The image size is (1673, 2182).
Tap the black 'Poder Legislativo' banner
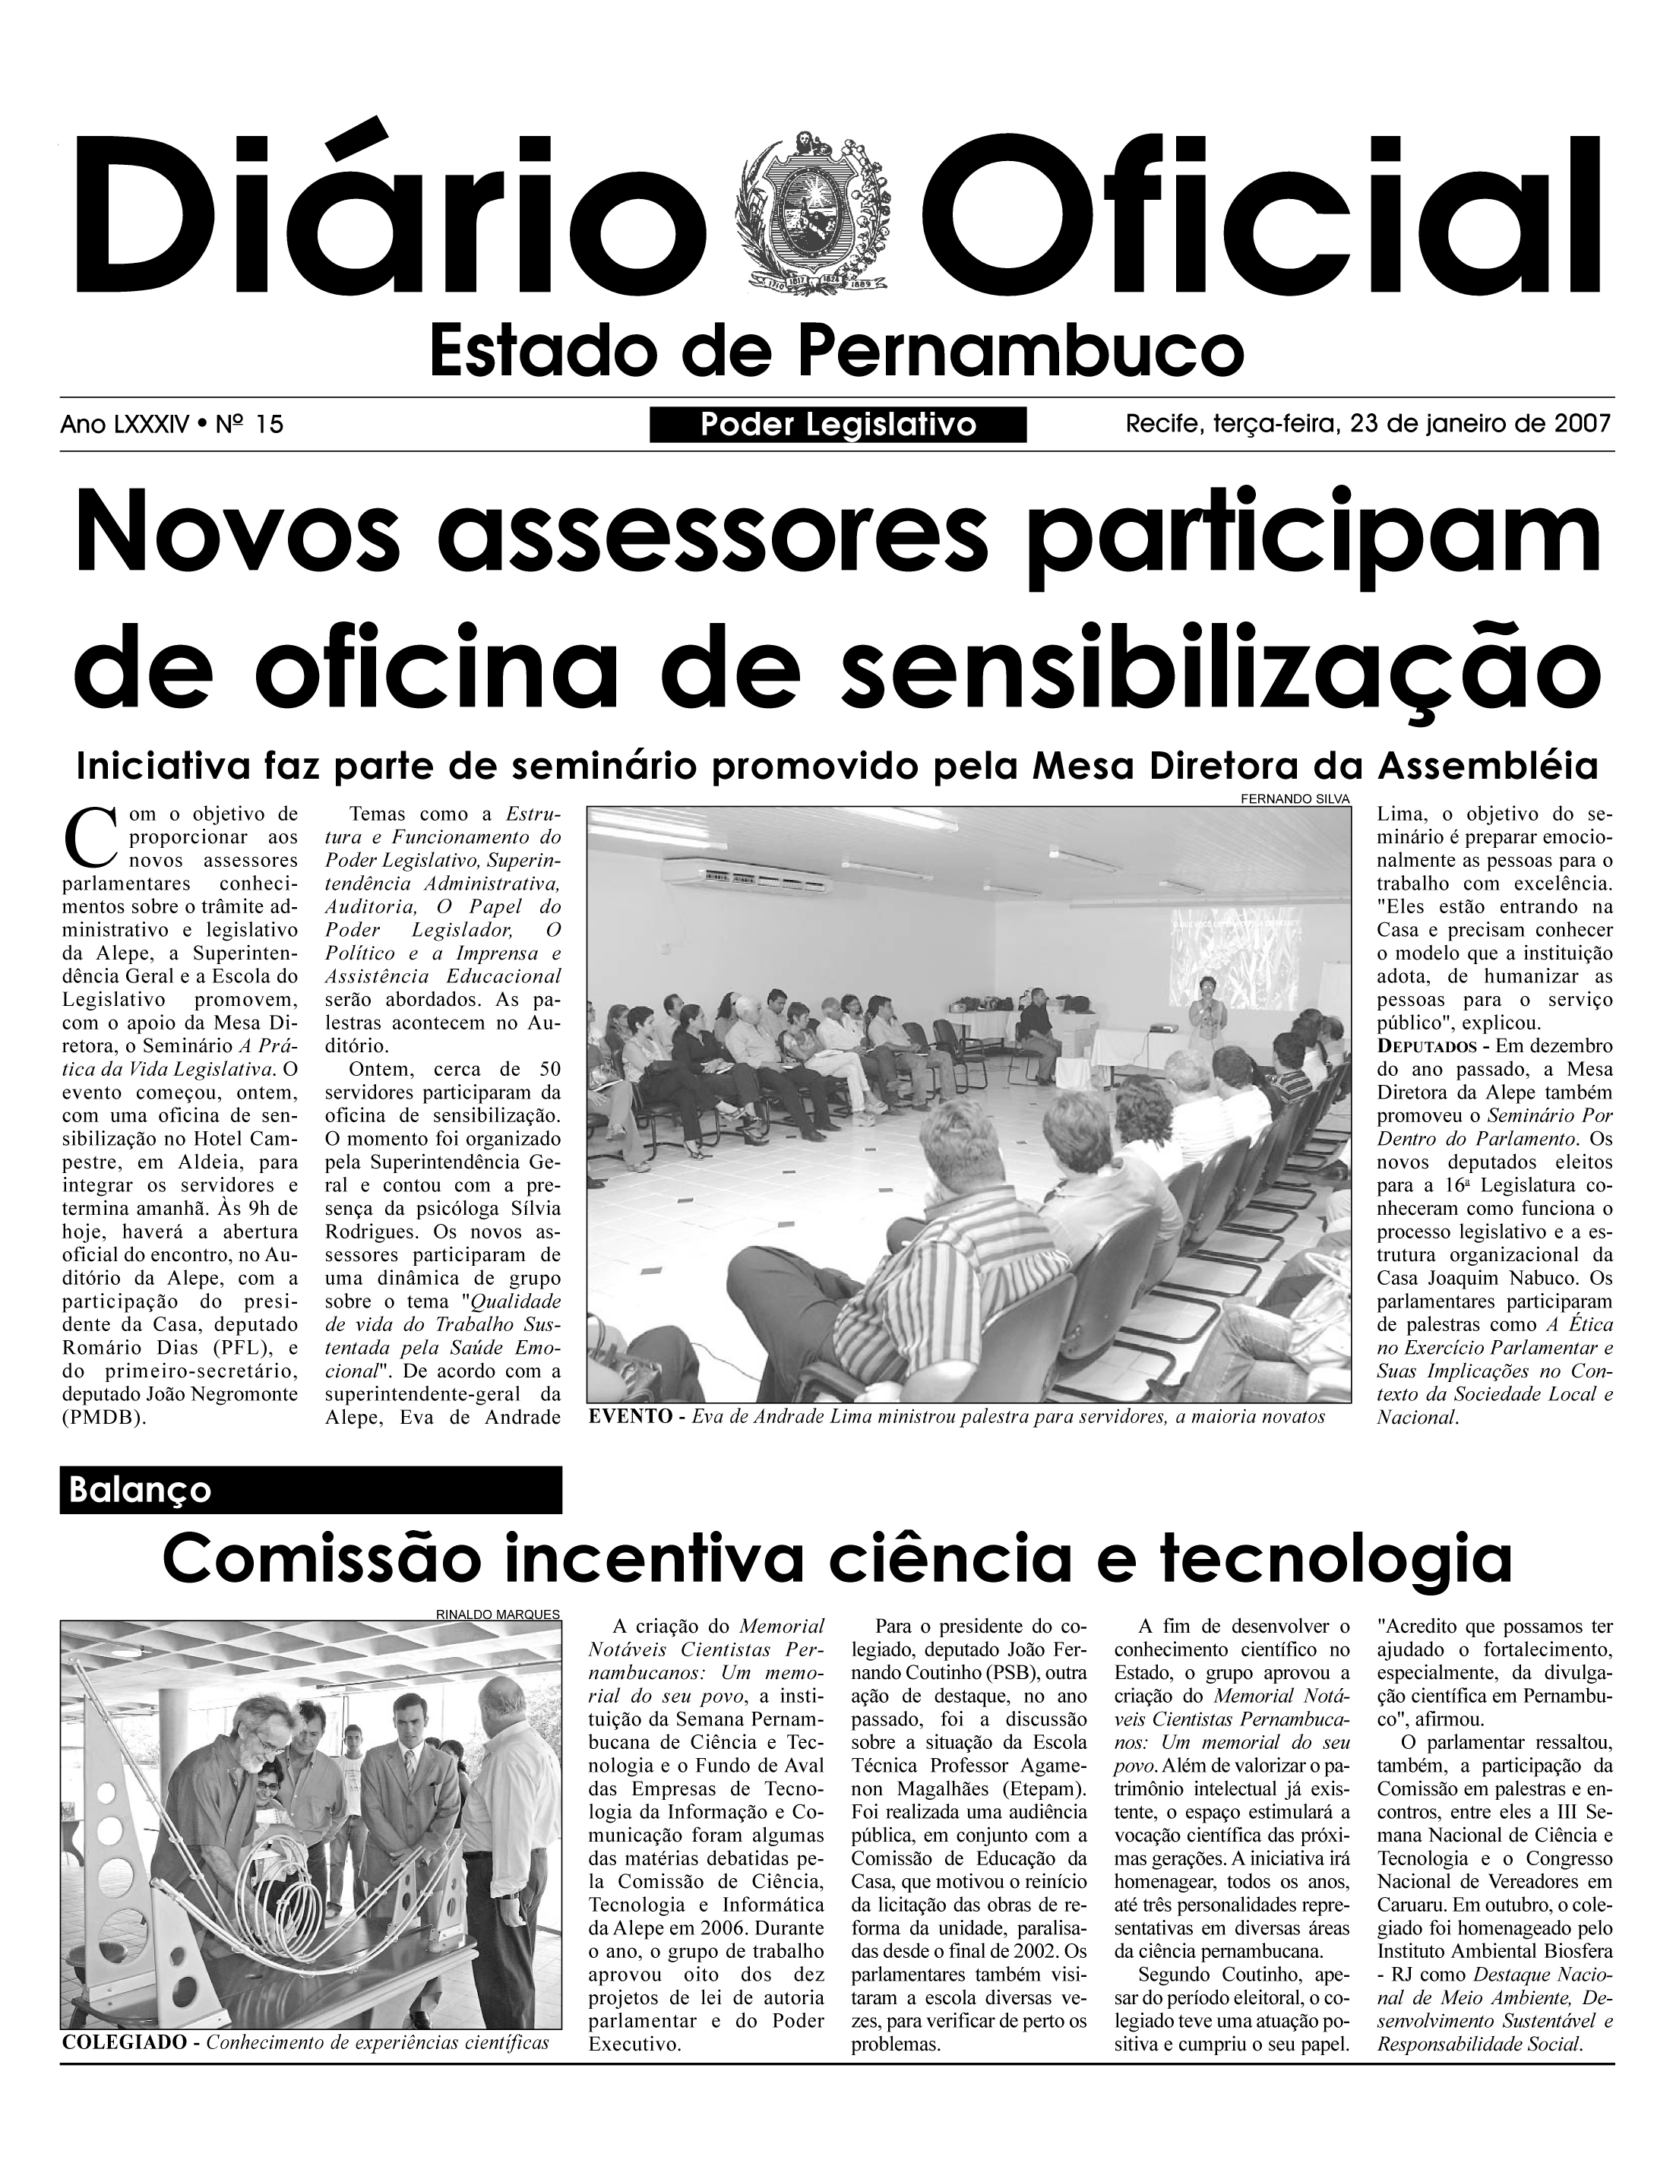[x=837, y=425]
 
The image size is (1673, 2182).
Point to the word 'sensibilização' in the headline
[x=1208, y=669]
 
